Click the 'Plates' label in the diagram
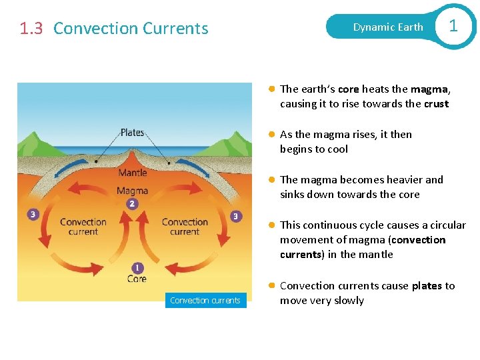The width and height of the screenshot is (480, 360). click(x=132, y=132)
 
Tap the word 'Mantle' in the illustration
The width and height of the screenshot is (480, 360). click(x=132, y=173)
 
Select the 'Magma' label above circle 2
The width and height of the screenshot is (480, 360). click(x=132, y=191)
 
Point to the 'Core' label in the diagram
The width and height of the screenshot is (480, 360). click(x=137, y=279)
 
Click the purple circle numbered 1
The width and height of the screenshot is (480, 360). click(x=137, y=268)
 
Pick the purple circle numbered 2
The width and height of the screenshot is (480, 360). click(x=133, y=203)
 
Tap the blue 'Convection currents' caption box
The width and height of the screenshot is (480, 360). click(x=205, y=301)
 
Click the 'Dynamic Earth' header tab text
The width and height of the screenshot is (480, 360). click(x=388, y=27)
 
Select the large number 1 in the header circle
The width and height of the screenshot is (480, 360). click(x=453, y=26)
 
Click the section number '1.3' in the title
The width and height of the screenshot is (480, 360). click(x=32, y=29)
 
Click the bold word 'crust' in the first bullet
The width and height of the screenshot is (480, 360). click(x=436, y=104)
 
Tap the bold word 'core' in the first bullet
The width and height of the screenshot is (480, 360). click(x=348, y=89)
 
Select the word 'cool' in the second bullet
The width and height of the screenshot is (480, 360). click(x=337, y=149)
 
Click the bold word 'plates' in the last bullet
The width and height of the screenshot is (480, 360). click(x=427, y=286)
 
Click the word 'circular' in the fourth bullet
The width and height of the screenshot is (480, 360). click(x=447, y=225)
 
